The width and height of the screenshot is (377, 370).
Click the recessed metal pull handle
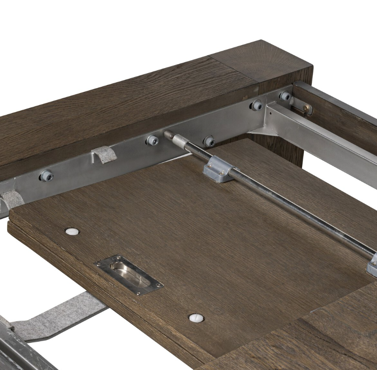[x=129, y=275]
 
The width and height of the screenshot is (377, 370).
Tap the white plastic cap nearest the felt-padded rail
[x=72, y=232]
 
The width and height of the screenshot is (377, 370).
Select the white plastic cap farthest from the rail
[x=196, y=318]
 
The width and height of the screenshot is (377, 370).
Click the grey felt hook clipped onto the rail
[x=104, y=154]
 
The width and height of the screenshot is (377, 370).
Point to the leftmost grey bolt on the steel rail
[x=46, y=175]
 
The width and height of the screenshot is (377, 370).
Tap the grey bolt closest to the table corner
[x=285, y=96]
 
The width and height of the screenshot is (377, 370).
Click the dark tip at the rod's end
[x=169, y=135]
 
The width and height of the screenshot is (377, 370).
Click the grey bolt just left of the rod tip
[x=152, y=140]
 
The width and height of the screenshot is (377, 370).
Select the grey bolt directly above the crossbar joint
[x=257, y=105]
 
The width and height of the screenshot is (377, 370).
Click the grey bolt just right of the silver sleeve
[x=209, y=141]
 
